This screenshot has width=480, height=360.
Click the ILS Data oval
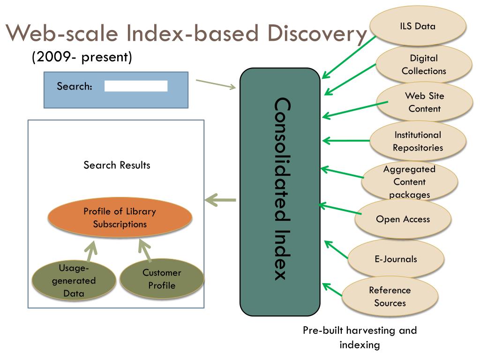[418, 26]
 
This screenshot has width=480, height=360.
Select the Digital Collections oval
[424, 65]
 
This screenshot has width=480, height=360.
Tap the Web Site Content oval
[424, 102]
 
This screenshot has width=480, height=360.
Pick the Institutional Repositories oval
[418, 141]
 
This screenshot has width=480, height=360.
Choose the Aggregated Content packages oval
[409, 181]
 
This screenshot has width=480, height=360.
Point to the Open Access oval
[403, 219]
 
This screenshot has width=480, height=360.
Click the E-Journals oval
[396, 259]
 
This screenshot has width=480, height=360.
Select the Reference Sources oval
[390, 296]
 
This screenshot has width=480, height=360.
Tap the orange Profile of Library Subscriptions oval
[120, 217]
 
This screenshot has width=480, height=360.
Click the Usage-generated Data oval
[74, 280]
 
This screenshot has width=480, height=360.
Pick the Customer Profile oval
[162, 279]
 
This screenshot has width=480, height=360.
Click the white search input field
[135, 86]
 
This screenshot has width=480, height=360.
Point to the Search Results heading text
[117, 165]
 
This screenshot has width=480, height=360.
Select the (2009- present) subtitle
[82, 57]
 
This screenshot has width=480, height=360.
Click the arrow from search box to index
[216, 84]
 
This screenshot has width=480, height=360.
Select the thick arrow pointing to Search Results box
[221, 200]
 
